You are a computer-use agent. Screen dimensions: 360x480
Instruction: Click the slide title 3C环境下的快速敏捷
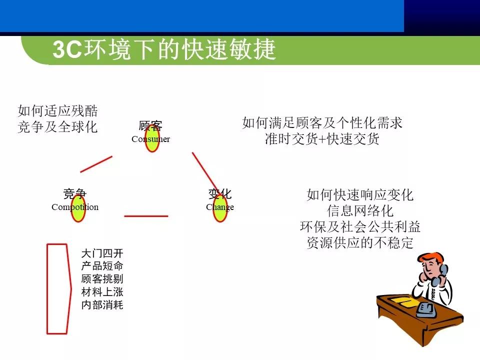[x=164, y=50]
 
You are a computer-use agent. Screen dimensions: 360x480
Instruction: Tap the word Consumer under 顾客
[x=150, y=139]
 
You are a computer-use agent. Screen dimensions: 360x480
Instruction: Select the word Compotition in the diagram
[x=75, y=207]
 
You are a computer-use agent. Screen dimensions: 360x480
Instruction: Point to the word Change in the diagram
[x=219, y=207]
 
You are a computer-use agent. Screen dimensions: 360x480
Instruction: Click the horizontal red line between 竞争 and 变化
[x=146, y=216]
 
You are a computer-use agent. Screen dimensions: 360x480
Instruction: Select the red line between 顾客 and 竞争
[x=96, y=164]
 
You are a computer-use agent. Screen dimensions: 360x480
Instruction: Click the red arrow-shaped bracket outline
[x=57, y=288]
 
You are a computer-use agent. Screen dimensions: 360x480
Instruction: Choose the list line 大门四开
[x=102, y=253]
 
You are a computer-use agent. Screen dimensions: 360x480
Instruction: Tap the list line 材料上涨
[x=102, y=291]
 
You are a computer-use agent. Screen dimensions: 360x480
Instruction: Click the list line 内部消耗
[x=102, y=304]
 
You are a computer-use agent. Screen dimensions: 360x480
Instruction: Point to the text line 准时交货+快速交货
[x=322, y=139]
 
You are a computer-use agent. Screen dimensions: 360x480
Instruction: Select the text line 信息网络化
[x=360, y=210]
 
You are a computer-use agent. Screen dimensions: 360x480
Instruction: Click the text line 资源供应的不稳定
[x=360, y=243]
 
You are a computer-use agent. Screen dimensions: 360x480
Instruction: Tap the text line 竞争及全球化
[x=57, y=127]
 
